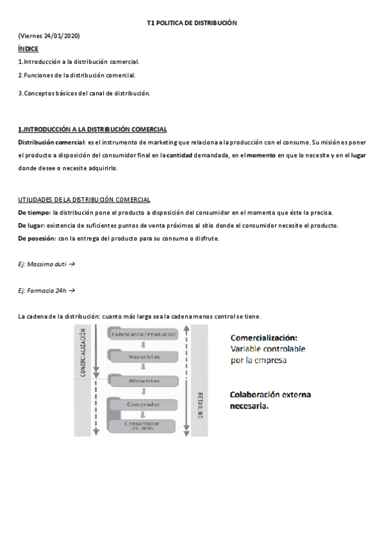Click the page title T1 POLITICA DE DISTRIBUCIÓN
tap(192, 22)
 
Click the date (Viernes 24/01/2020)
tap(49, 35)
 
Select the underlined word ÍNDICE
tap(28, 49)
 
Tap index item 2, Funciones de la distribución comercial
tap(77, 75)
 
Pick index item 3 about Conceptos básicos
tap(84, 93)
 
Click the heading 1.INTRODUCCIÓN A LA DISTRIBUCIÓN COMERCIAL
tap(92, 129)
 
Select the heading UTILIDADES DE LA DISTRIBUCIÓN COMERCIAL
tap(84, 200)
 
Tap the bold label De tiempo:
tap(34, 213)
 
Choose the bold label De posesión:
tap(37, 238)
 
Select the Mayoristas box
tap(144, 356)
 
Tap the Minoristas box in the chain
tap(144, 380)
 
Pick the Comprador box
tap(144, 405)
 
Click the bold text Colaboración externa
tap(270, 394)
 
